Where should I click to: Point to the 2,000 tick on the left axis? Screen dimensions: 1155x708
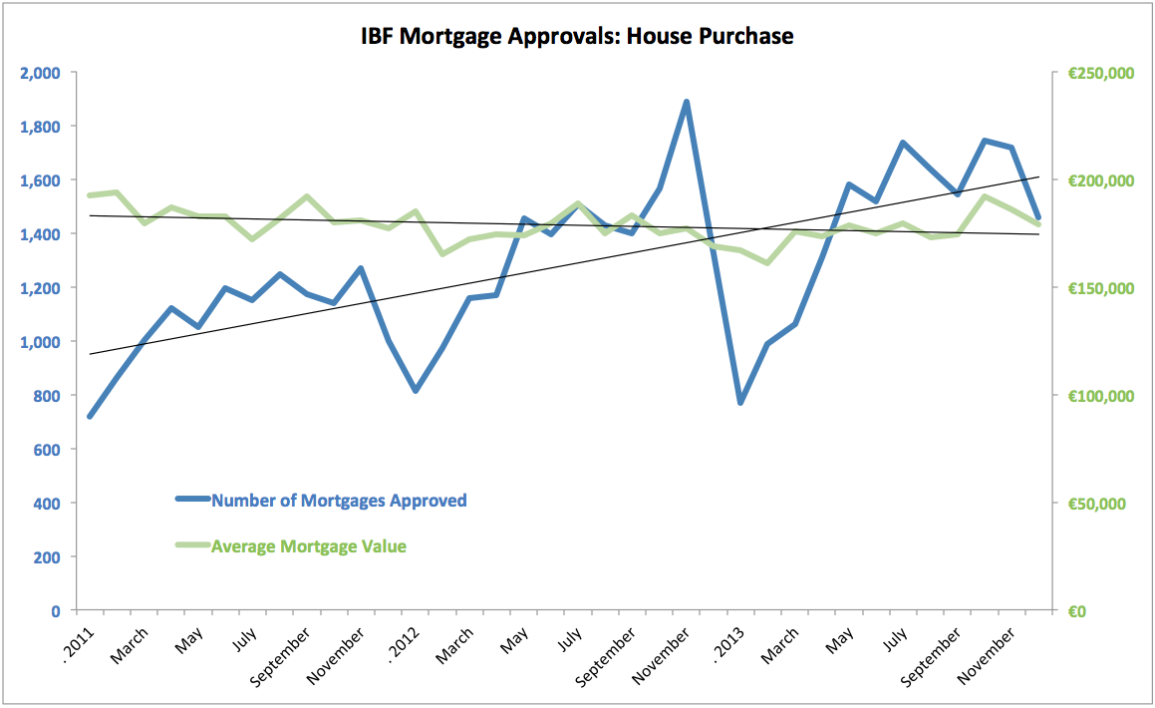(x=41, y=73)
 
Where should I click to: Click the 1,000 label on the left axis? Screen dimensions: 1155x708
(x=41, y=342)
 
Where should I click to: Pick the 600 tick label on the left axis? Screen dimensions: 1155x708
(x=47, y=450)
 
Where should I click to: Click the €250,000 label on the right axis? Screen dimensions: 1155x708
(x=1102, y=73)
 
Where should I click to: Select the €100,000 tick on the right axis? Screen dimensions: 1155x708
(x=1102, y=396)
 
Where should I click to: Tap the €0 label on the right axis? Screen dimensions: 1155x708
(x=1077, y=610)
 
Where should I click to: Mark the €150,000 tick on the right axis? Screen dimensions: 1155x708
(x=1102, y=288)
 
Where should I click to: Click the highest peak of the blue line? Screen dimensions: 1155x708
(x=687, y=102)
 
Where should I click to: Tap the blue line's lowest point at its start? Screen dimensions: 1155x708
(x=91, y=416)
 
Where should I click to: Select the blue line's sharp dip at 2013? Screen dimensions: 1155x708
(x=740, y=402)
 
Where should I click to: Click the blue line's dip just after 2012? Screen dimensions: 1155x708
(x=416, y=390)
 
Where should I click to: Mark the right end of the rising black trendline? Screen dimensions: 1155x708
(x=1038, y=177)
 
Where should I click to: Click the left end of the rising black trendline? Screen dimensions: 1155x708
(x=91, y=354)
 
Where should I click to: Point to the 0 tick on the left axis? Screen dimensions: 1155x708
(x=56, y=610)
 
